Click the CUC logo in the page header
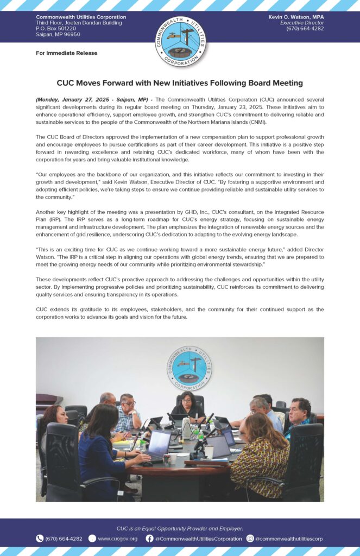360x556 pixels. coord(180,42)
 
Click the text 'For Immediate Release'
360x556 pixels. coord(67,53)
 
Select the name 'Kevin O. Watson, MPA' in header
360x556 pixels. coord(296,17)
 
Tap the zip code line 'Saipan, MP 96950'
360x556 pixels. coord(58,34)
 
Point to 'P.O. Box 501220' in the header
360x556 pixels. coord(56,29)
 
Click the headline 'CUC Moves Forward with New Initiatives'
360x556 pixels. coord(180,84)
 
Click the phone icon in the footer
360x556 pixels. coord(40,539)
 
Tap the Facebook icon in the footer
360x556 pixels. coord(149,539)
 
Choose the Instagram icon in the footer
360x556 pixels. coord(250,539)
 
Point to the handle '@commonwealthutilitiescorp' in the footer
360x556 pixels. coord(289,539)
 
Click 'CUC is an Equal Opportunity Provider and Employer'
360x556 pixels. coord(180,528)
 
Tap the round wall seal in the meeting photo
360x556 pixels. coord(186,369)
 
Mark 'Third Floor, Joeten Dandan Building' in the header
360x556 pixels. coord(79,23)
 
